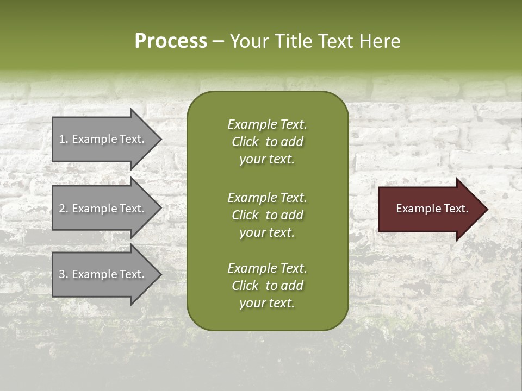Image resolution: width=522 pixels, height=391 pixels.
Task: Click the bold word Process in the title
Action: click(x=171, y=41)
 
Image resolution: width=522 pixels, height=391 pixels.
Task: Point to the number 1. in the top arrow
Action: click(x=63, y=139)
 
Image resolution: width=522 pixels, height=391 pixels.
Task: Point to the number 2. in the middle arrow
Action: click(x=63, y=209)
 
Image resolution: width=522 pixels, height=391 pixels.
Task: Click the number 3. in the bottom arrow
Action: click(x=63, y=274)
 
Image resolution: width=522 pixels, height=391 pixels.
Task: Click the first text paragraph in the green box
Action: click(x=267, y=142)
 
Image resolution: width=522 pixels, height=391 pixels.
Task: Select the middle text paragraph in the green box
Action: click(x=267, y=215)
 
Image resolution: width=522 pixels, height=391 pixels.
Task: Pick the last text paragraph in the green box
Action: click(x=267, y=286)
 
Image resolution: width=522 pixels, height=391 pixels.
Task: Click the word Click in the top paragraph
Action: click(x=245, y=142)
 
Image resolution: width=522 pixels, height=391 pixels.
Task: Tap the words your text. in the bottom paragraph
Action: click(x=267, y=304)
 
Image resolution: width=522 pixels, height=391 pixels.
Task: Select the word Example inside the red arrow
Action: click(x=414, y=209)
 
